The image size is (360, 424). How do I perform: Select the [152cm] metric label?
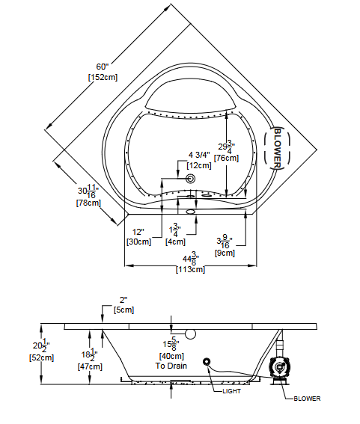pyautogui.click(x=102, y=77)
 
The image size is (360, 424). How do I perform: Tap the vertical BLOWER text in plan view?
pyautogui.click(x=277, y=147)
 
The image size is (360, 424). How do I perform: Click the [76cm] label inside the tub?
pyautogui.click(x=226, y=158)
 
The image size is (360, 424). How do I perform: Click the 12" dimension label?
pyautogui.click(x=138, y=231)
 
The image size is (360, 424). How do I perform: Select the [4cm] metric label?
pyautogui.click(x=175, y=242)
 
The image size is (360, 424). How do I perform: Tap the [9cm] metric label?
pyautogui.click(x=224, y=253)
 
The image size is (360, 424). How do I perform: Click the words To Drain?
pyautogui.click(x=171, y=366)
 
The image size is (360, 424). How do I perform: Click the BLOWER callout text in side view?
pyautogui.click(x=307, y=399)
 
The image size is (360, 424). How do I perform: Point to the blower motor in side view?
pyautogui.click(x=278, y=367)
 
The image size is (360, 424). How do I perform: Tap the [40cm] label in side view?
pyautogui.click(x=171, y=357)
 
